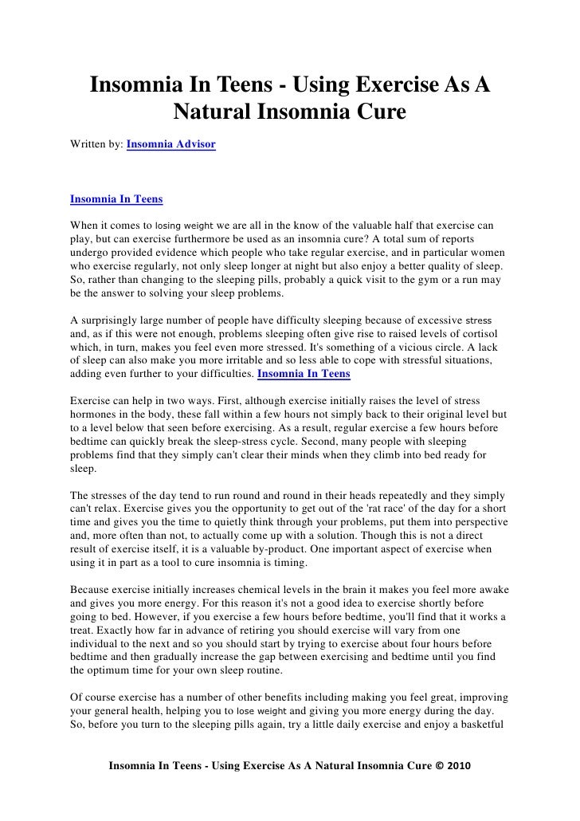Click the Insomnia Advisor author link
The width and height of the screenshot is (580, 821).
(170, 146)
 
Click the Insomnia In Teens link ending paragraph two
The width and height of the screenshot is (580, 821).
(304, 372)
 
